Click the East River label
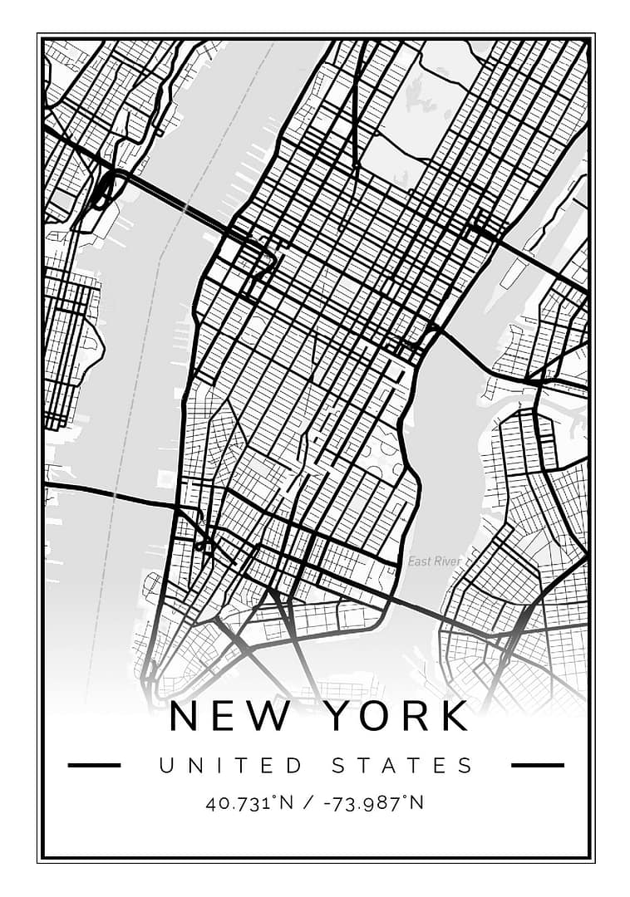pyautogui.click(x=434, y=562)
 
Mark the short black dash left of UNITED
pyautogui.click(x=94, y=765)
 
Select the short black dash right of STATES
pyautogui.click(x=537, y=765)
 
